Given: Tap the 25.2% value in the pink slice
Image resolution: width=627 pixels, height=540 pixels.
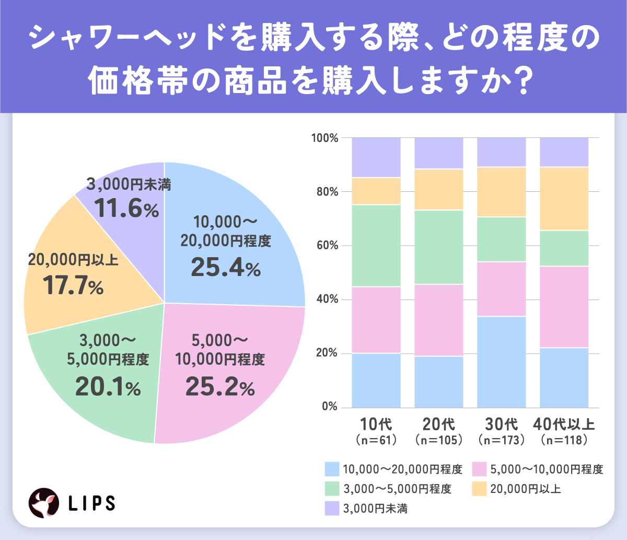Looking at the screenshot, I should (x=219, y=387).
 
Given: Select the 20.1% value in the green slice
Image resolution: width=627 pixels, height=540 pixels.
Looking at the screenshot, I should (x=108, y=387).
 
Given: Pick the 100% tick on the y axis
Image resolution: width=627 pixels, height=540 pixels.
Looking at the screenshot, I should (x=325, y=138).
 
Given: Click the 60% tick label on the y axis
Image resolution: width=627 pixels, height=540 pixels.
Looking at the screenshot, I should (x=327, y=246).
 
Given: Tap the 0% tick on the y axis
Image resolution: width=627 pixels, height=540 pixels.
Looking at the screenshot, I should (x=330, y=407).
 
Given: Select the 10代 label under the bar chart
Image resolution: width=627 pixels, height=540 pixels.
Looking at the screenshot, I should (x=376, y=424).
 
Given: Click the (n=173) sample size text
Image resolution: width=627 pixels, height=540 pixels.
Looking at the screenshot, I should (x=502, y=440).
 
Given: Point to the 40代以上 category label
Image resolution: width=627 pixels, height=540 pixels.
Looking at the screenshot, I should (x=564, y=424).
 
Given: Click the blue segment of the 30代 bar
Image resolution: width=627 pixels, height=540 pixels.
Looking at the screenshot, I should (x=502, y=362).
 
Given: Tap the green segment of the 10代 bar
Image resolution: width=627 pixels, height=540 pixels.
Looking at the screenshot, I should (x=376, y=245).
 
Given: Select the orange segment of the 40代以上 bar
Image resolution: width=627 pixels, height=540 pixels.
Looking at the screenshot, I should (x=564, y=199).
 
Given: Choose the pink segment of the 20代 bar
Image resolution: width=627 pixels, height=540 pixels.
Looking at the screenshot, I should (x=439, y=320).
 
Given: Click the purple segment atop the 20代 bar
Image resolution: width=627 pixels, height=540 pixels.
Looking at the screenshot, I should (x=439, y=153).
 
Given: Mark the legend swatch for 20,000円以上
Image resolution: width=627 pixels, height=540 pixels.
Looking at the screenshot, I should (x=480, y=489).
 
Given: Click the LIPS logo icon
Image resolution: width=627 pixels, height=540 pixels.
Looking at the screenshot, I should (x=43, y=502).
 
